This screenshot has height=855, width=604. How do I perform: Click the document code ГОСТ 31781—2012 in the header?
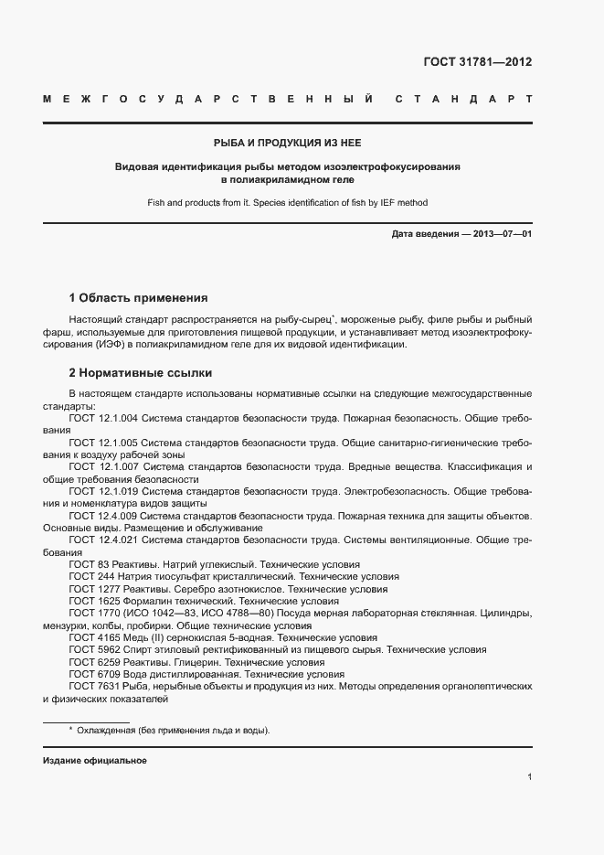(x=478, y=63)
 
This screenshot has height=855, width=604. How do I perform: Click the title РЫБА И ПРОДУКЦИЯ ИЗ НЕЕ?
(x=288, y=144)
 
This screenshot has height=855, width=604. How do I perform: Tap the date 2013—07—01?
(x=497, y=234)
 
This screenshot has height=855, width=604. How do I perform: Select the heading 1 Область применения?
(x=139, y=298)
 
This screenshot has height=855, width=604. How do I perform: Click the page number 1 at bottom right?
(x=530, y=777)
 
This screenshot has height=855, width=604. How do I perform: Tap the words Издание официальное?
(x=95, y=761)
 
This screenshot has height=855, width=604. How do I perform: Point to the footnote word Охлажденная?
(x=109, y=731)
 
